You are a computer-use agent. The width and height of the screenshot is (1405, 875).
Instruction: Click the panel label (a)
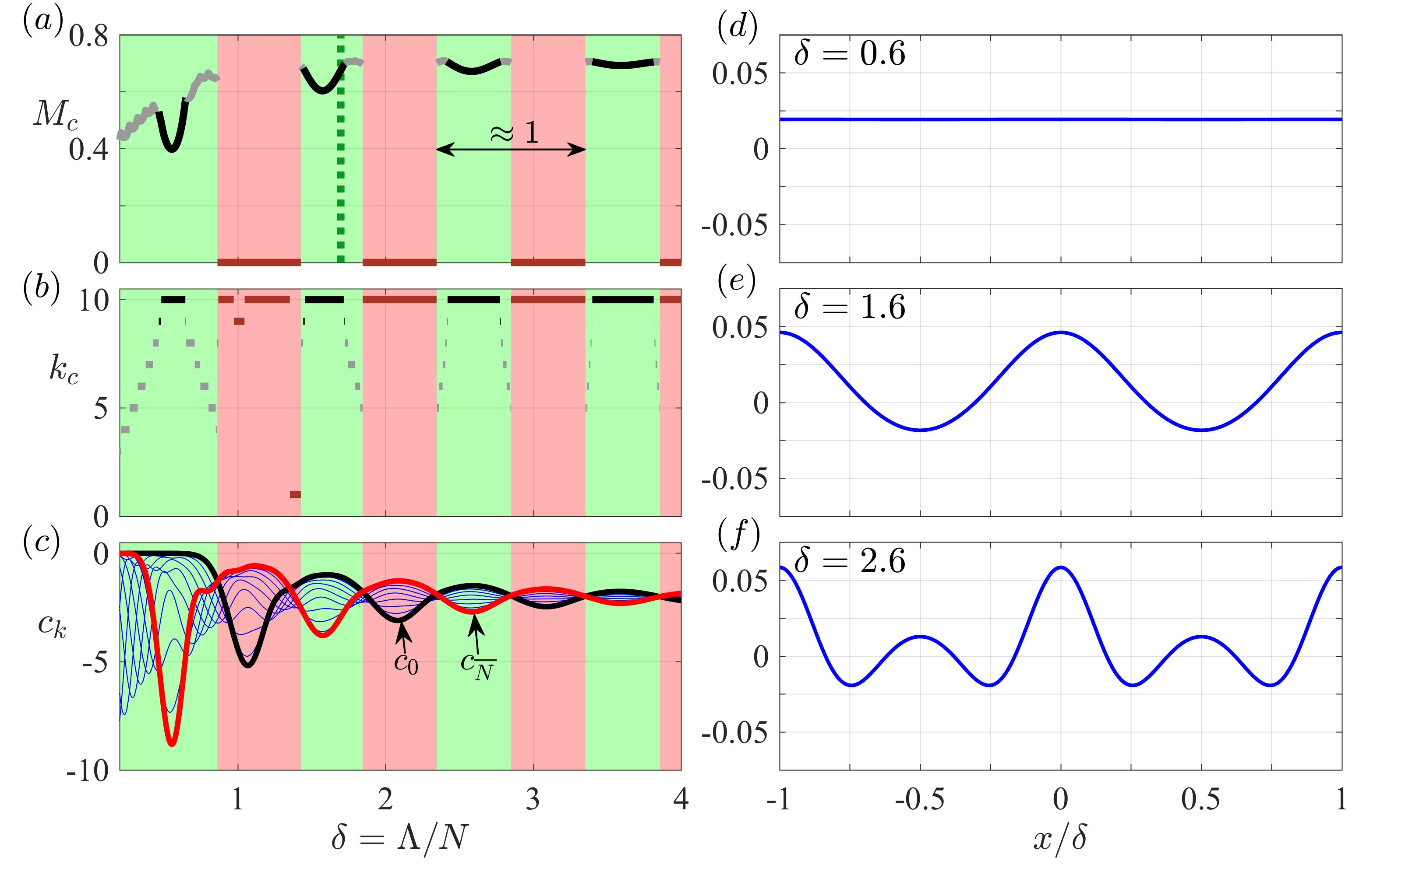pos(42,22)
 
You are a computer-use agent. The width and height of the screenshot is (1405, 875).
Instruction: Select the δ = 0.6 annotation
pos(850,54)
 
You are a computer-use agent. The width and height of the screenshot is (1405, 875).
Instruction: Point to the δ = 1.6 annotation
pos(850,307)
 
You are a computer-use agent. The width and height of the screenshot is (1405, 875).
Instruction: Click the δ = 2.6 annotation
pos(850,561)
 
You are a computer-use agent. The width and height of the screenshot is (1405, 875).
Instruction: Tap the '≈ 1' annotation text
pos(514,133)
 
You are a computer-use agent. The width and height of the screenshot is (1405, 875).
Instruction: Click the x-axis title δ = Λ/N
pos(399,837)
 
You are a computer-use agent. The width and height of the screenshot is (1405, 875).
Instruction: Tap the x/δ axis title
pos(1060,837)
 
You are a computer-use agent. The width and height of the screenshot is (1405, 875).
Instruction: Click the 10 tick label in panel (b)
pos(94,301)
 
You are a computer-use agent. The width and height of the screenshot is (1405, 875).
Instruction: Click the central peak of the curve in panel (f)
pos(1060,568)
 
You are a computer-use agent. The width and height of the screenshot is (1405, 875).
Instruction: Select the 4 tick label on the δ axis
pos(681,800)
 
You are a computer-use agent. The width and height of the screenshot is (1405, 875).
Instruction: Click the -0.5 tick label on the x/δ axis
pos(920,800)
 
